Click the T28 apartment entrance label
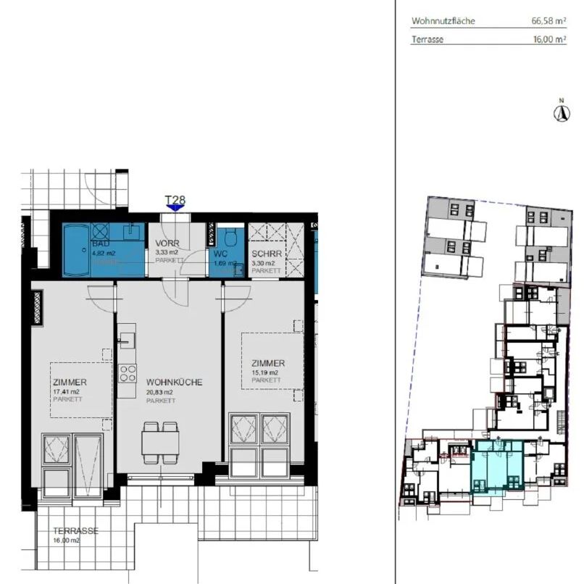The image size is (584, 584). click(x=174, y=199)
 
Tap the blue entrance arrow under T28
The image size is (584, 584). click(x=174, y=209)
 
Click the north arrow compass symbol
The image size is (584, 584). click(x=559, y=112)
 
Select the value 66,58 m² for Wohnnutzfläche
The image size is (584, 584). click(x=548, y=22)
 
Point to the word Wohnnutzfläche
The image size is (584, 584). click(x=443, y=22)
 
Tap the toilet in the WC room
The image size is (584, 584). click(x=230, y=238)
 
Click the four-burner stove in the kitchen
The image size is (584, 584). click(x=128, y=374)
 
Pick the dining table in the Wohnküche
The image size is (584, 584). click(x=160, y=442)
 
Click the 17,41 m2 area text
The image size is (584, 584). click(x=66, y=392)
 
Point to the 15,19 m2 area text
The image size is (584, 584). click(x=266, y=372)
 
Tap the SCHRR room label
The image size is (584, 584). click(x=264, y=254)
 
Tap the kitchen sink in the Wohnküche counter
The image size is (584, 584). click(x=128, y=340)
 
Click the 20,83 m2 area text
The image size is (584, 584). click(x=160, y=392)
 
